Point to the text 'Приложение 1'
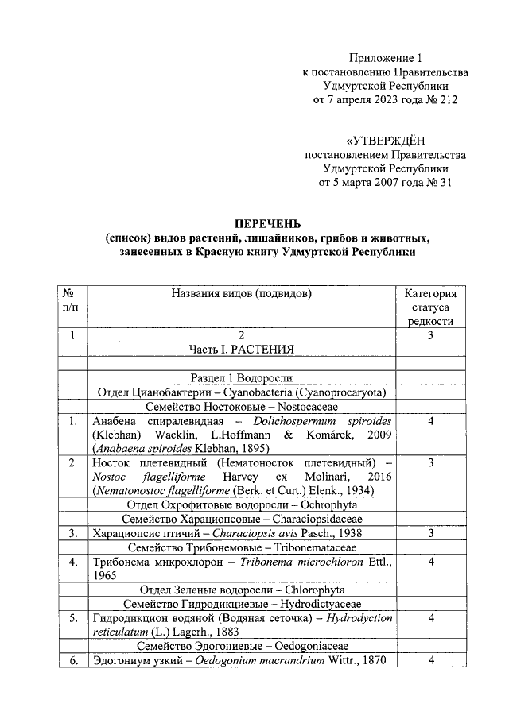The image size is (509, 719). [385, 58]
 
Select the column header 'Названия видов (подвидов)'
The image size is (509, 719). [241, 293]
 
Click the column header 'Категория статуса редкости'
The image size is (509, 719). [430, 307]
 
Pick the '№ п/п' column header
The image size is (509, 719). [72, 300]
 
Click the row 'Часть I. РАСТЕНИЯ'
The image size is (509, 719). [241, 350]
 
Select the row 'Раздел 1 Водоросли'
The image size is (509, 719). [241, 378]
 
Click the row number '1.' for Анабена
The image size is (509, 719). [72, 421]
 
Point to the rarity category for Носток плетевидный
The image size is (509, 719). [430, 462]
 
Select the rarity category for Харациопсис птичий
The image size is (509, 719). [430, 533]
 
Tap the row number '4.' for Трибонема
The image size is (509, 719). [72, 562]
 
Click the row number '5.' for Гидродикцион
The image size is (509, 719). [72, 618]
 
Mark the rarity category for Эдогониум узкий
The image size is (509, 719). [430, 660]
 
